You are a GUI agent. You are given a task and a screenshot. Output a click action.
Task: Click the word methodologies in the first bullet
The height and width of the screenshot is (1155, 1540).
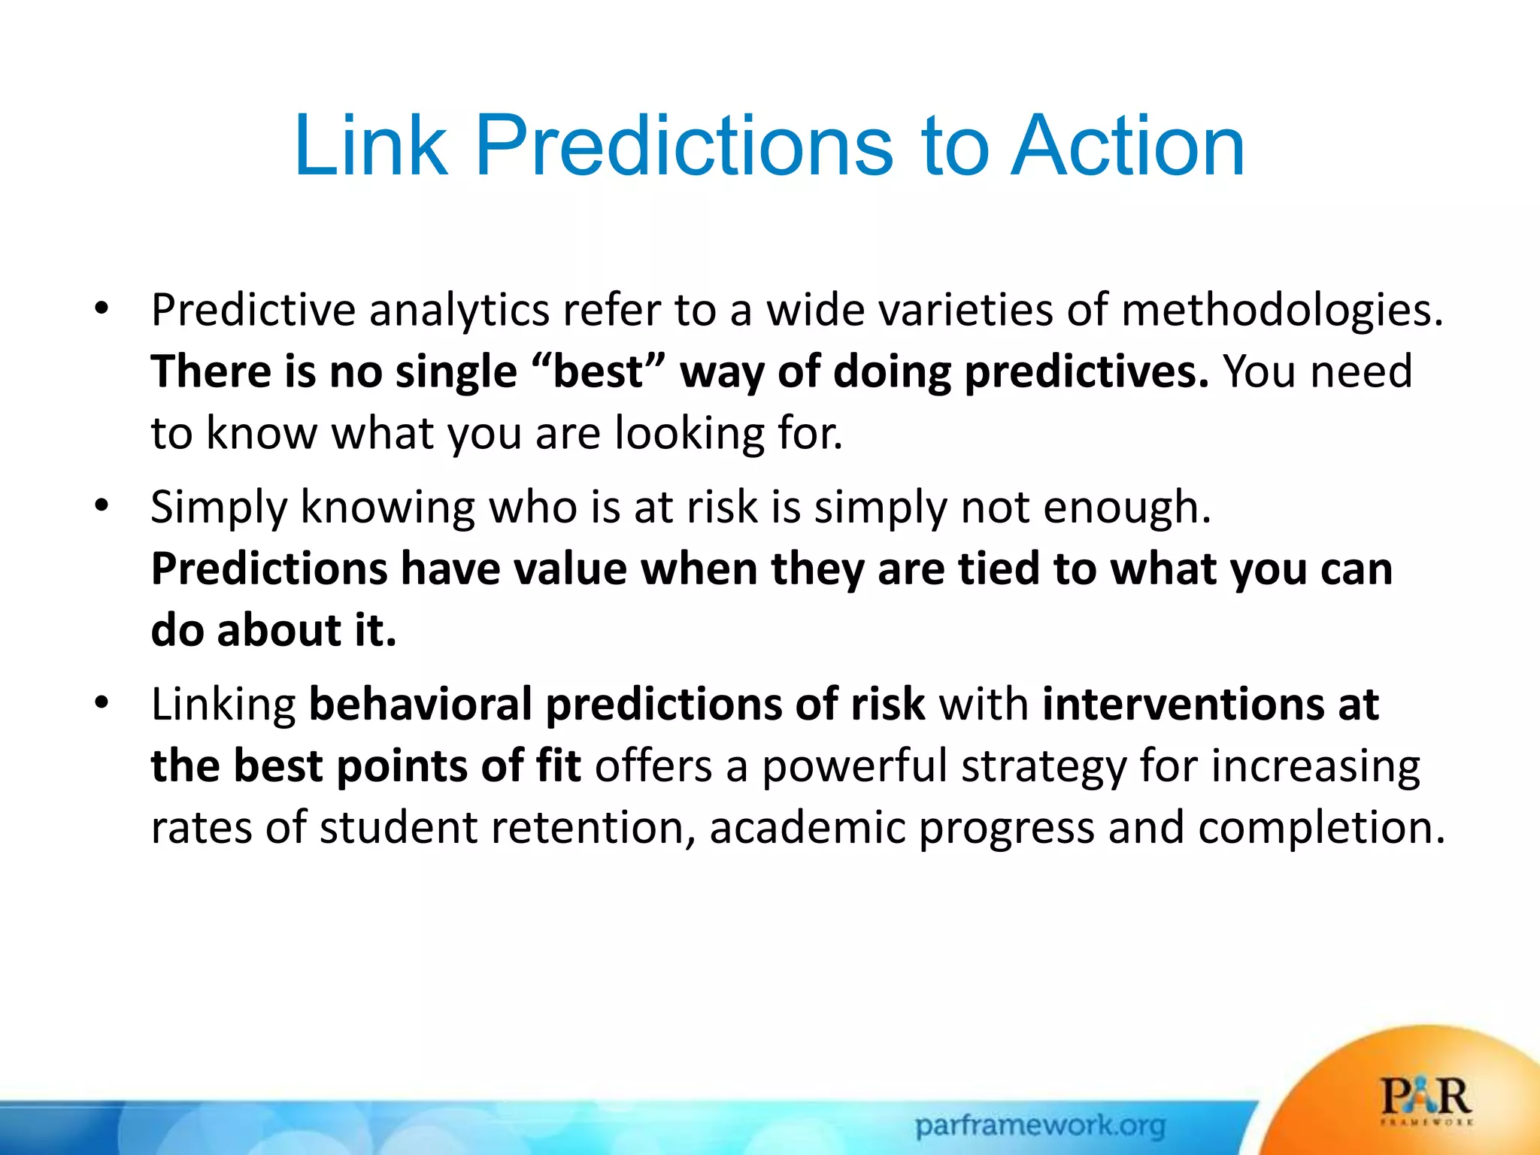(x=1281, y=311)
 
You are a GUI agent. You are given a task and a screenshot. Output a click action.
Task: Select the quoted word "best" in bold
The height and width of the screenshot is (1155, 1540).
(x=599, y=371)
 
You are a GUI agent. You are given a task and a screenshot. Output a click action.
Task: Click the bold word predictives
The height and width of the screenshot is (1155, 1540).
(x=1086, y=373)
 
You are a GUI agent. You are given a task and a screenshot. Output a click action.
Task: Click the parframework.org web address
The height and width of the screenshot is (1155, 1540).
(x=1040, y=1126)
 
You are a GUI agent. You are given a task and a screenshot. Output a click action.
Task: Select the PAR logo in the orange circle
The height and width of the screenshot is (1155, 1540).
(x=1426, y=1099)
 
